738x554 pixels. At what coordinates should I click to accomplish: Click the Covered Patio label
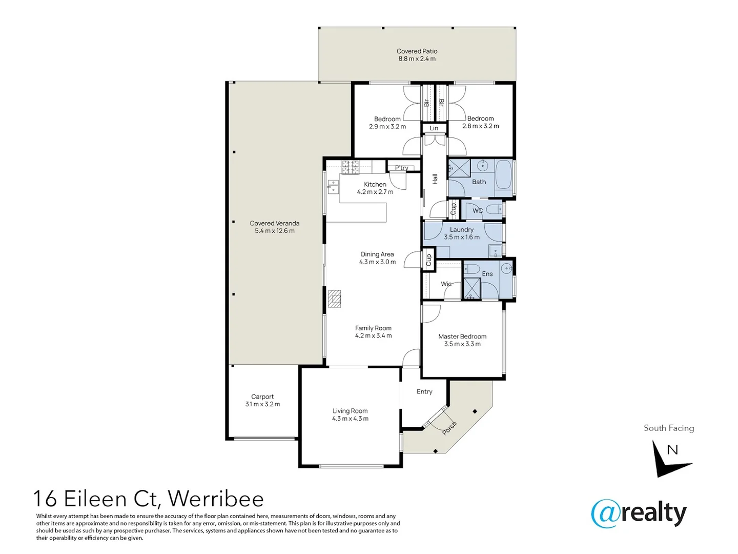click(417, 51)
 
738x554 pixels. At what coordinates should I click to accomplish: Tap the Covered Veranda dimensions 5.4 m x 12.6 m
click(275, 231)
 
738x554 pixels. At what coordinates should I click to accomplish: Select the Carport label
click(262, 397)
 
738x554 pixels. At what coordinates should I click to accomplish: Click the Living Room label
click(350, 411)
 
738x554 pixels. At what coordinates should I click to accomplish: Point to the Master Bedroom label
click(462, 337)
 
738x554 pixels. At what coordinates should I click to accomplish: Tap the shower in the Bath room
click(459, 169)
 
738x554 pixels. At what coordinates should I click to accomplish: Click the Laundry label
click(462, 230)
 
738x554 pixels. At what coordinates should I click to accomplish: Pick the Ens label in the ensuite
click(487, 274)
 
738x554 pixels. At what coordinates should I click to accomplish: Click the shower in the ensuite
click(471, 289)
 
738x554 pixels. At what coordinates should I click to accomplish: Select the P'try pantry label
click(402, 168)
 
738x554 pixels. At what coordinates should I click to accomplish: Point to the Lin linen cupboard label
click(434, 128)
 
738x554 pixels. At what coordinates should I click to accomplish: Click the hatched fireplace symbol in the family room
click(335, 299)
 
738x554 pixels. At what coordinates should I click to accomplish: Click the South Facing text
click(669, 428)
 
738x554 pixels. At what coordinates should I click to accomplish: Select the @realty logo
click(639, 513)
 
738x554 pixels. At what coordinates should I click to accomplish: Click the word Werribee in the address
click(216, 499)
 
